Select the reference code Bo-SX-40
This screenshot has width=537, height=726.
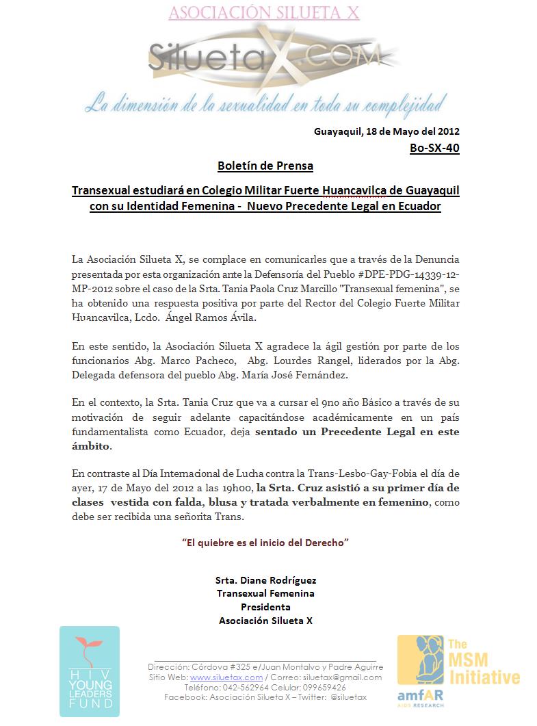(x=434, y=148)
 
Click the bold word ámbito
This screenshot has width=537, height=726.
(x=90, y=446)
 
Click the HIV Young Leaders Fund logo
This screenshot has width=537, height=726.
(x=89, y=671)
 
